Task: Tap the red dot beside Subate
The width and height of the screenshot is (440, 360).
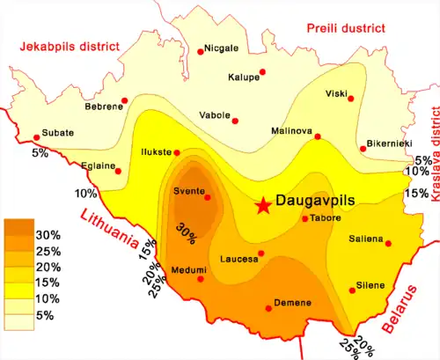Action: (x=36, y=137)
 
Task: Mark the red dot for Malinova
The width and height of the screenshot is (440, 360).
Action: (x=318, y=136)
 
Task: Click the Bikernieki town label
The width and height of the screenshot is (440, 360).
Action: (x=387, y=143)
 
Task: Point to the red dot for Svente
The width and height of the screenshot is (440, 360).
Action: (x=208, y=197)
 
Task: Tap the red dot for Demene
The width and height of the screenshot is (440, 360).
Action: (x=268, y=308)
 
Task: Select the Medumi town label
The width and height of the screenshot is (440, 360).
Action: (x=189, y=268)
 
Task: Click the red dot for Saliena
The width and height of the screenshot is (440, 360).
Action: (x=389, y=244)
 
